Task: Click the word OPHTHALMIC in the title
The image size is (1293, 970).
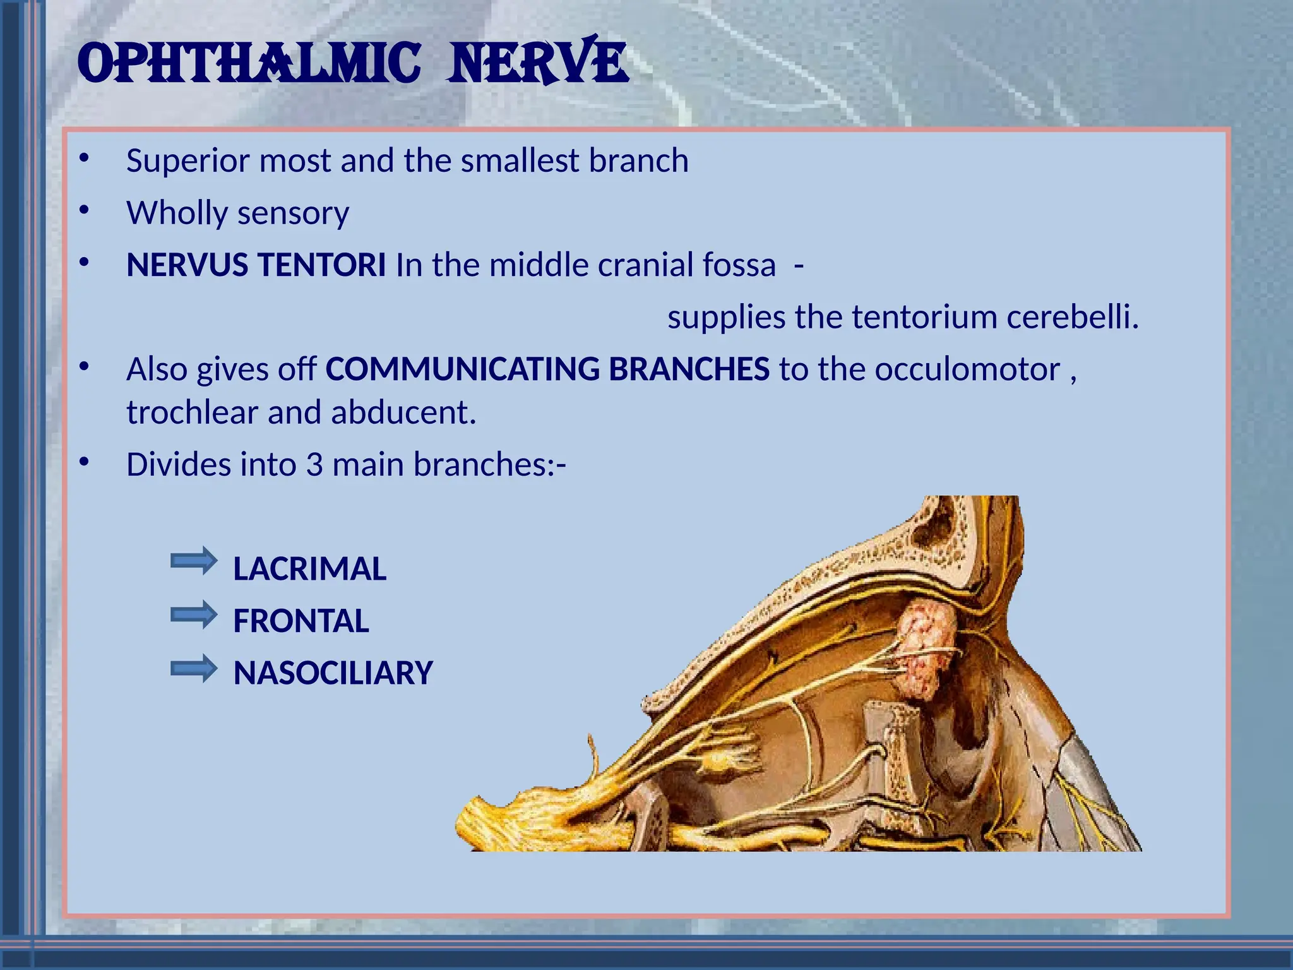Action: click(249, 63)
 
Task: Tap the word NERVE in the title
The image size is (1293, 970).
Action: click(537, 63)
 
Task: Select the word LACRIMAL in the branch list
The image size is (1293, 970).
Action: click(309, 569)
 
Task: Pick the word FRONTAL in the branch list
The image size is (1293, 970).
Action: click(301, 621)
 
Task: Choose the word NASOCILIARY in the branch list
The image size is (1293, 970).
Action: click(333, 673)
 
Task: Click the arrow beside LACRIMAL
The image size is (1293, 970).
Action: click(194, 561)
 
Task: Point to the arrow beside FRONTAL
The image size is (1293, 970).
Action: click(194, 614)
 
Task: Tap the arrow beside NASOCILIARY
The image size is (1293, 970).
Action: click(194, 669)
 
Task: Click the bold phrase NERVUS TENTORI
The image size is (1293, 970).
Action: click(256, 265)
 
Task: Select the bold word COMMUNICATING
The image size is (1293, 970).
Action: click(462, 369)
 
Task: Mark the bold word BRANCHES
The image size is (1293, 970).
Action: click(689, 369)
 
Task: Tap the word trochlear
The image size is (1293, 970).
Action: click(192, 413)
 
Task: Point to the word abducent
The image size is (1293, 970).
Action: click(403, 413)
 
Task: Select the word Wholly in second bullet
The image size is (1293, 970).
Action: click(177, 213)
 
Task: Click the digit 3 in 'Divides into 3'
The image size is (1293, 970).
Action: click(314, 465)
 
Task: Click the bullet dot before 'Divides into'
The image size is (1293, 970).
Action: click(85, 463)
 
